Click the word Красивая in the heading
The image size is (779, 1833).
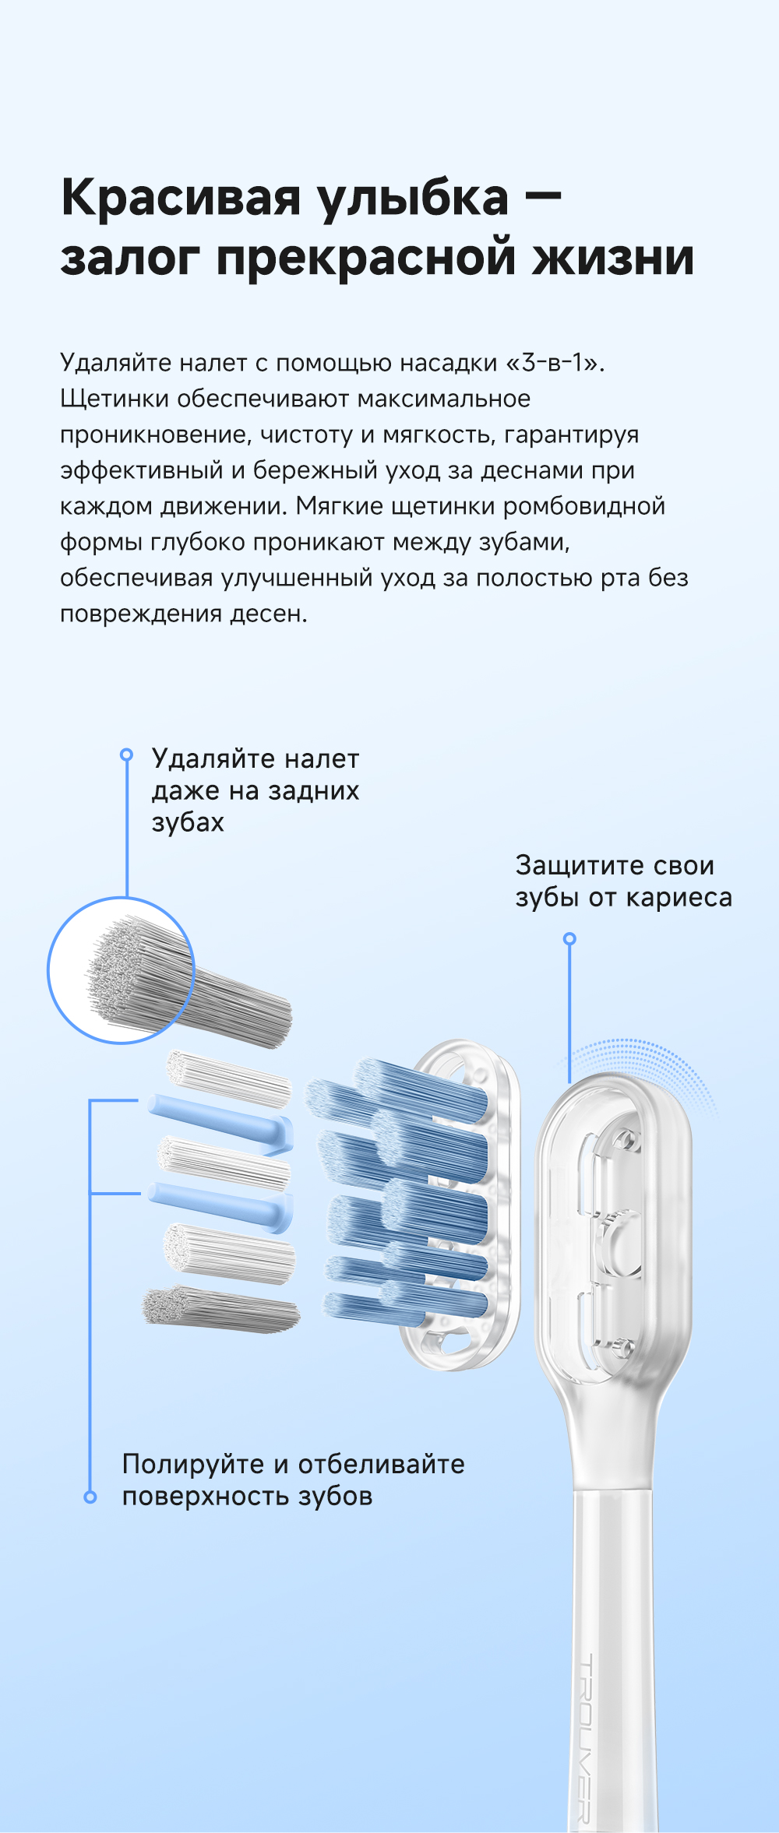point(181,198)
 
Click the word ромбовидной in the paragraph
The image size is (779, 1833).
point(584,507)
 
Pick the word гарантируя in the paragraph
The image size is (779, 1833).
point(571,435)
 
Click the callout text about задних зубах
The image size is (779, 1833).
point(256,790)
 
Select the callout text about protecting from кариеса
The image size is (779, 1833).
point(623,881)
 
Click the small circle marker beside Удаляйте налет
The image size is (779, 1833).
point(126,755)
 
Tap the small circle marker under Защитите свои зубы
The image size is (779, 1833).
point(569,939)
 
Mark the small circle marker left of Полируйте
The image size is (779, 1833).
point(90,1497)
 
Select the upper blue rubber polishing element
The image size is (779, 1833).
point(222,1121)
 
